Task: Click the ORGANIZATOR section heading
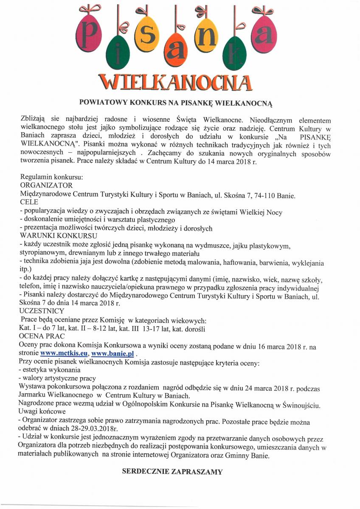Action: (x=46, y=185)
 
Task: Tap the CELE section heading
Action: (x=29, y=202)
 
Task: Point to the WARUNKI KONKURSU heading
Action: (x=59, y=236)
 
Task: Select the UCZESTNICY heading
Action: (x=42, y=311)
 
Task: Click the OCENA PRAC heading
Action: (x=41, y=336)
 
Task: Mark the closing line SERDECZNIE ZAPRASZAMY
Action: (x=172, y=471)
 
